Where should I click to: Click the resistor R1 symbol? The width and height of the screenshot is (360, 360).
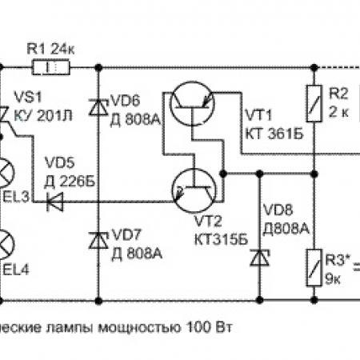[x=51, y=68]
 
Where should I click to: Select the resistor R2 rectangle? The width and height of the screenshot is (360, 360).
[x=314, y=104]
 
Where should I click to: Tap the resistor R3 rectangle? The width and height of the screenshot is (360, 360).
[x=314, y=268]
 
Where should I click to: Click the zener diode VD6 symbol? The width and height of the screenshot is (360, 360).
[x=98, y=107]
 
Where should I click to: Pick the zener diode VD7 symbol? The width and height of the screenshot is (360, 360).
[x=98, y=241]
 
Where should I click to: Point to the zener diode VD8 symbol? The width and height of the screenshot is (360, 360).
[x=260, y=258]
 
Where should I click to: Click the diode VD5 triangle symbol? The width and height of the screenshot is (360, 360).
[x=55, y=202]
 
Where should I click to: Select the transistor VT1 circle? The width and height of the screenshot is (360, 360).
[x=192, y=103]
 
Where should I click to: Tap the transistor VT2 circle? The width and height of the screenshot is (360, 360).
[x=194, y=190]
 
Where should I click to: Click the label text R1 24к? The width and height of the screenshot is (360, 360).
[x=50, y=49]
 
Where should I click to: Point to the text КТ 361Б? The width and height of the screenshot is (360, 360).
[x=274, y=134]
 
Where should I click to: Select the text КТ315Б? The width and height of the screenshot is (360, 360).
[x=221, y=239]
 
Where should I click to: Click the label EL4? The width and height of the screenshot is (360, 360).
[x=15, y=270]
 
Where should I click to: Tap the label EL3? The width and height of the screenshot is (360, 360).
[x=15, y=197]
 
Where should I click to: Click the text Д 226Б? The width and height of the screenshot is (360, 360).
[x=70, y=182]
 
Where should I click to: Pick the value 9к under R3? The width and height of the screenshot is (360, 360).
[x=333, y=278]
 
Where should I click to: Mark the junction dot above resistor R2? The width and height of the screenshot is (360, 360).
[x=314, y=67]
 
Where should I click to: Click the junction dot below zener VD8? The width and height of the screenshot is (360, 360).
[x=260, y=301]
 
